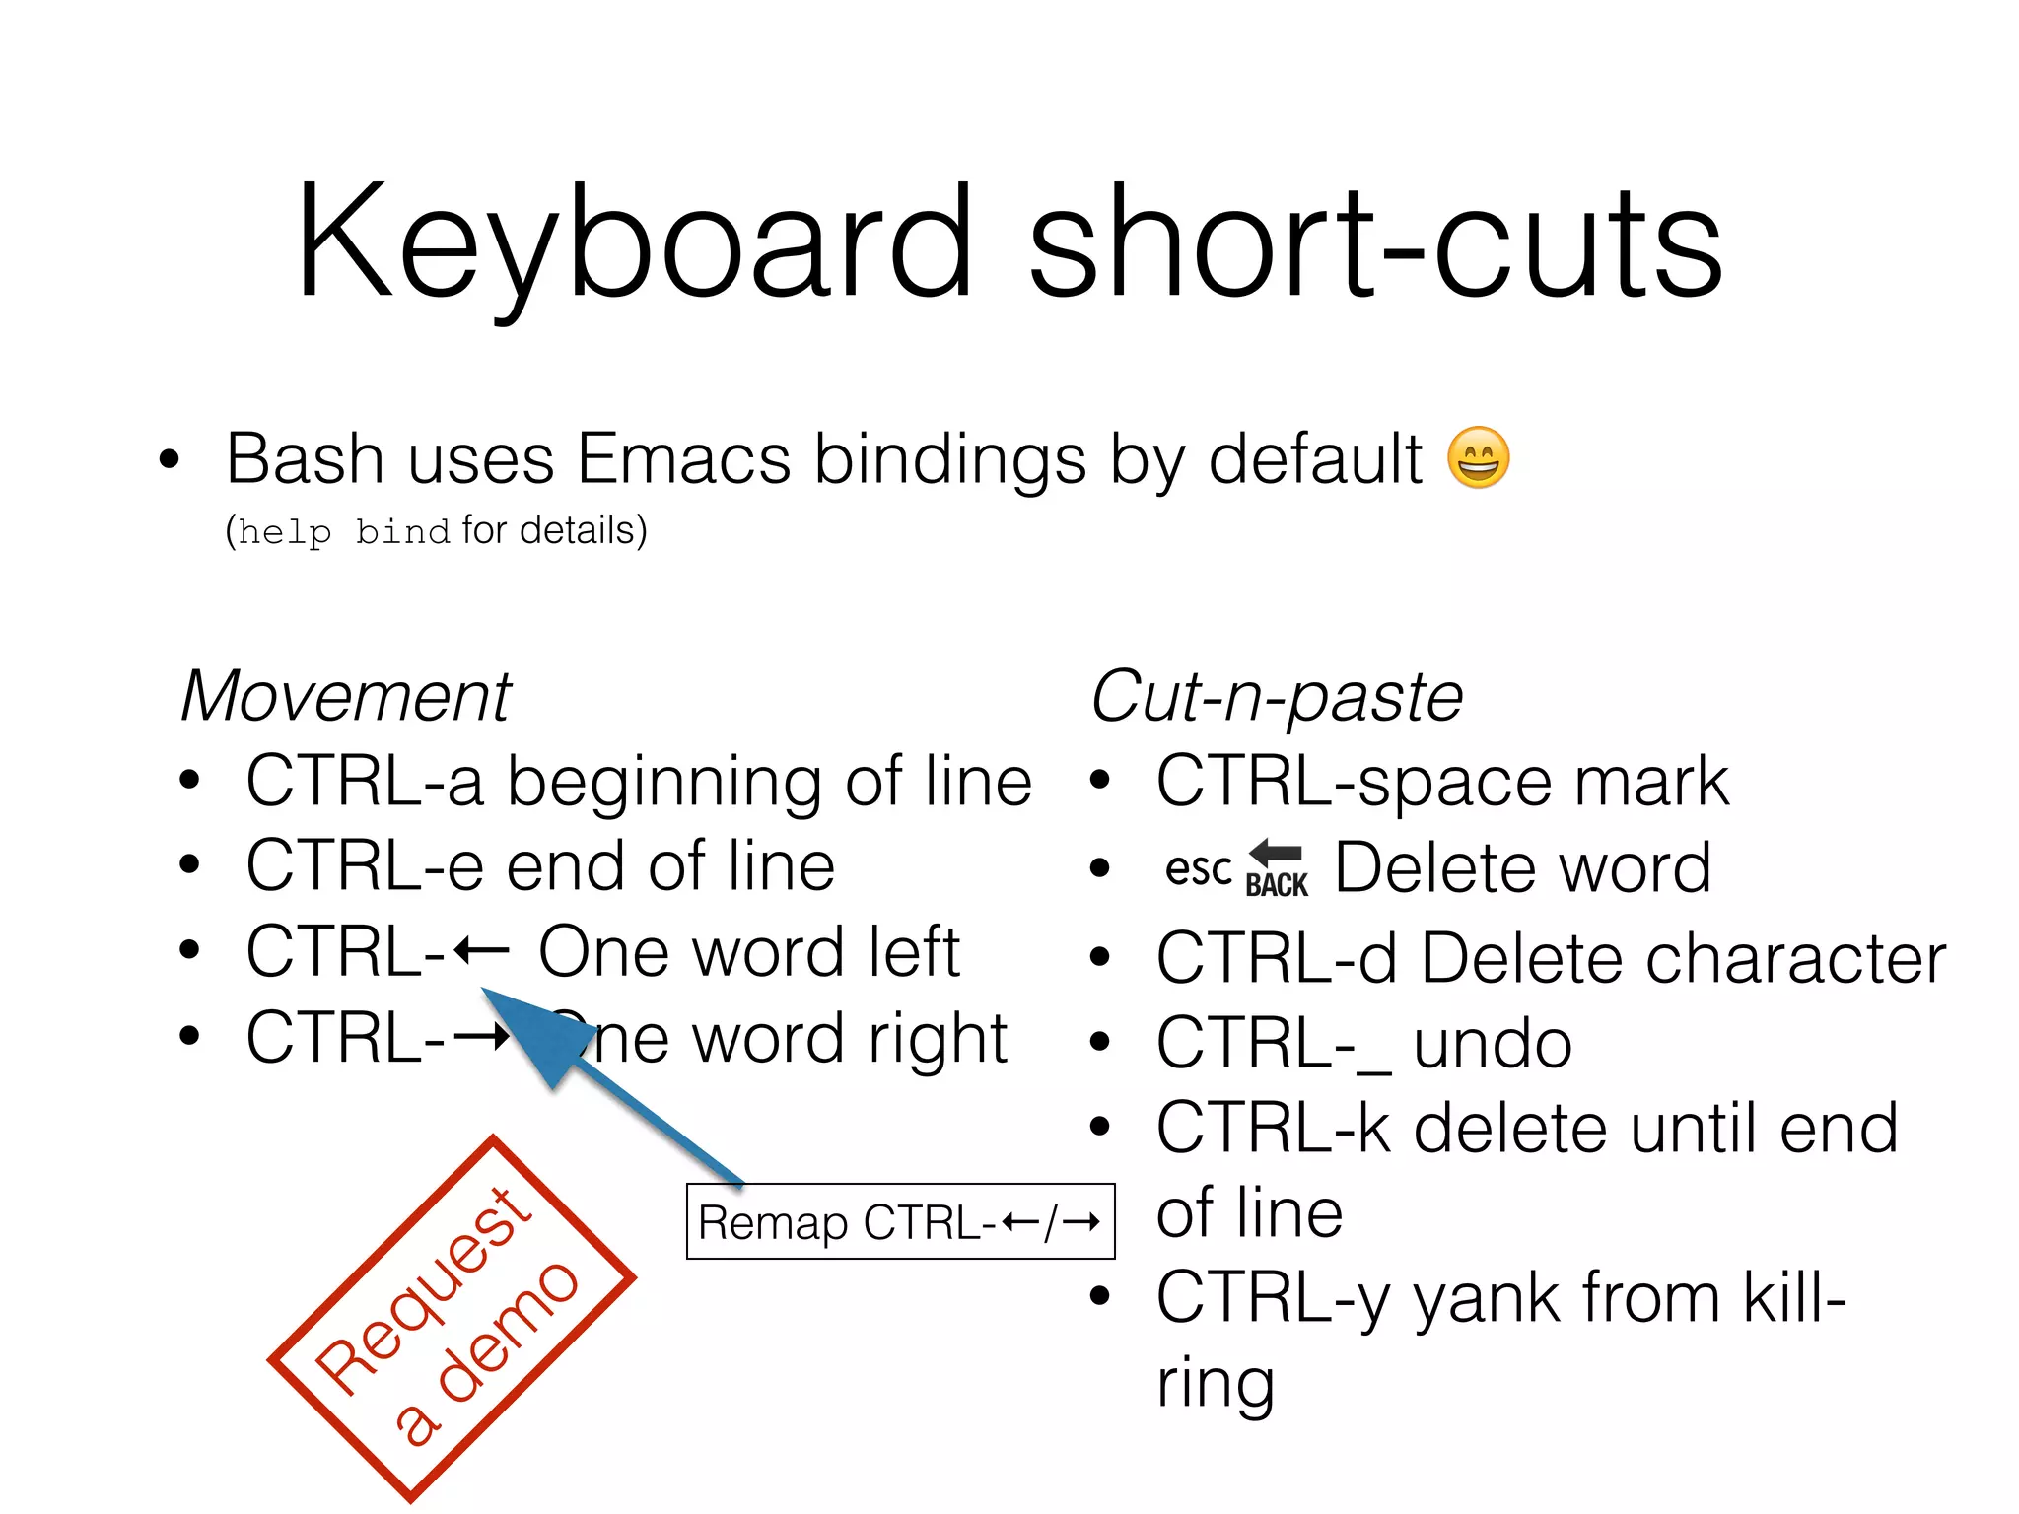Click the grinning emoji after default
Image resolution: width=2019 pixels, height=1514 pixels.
tap(1478, 458)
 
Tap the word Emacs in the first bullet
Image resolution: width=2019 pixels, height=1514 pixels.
tap(683, 459)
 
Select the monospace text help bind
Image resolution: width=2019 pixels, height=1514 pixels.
tap(343, 532)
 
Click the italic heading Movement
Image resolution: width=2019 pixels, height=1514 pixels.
tap(346, 697)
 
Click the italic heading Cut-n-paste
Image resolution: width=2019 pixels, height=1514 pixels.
tap(1277, 697)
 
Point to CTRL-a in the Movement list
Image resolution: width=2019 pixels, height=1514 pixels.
tap(365, 782)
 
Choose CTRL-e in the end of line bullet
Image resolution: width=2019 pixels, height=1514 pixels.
tap(365, 866)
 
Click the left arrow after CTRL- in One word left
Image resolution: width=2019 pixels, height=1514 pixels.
tap(482, 952)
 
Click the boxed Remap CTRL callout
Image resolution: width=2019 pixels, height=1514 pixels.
tap(900, 1222)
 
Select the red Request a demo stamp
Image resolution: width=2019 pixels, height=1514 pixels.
tap(452, 1319)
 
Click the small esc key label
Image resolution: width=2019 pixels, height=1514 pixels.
tap(1198, 869)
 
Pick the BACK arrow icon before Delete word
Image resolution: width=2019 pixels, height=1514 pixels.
tap(1277, 868)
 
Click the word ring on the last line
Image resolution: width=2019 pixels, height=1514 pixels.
tap(1215, 1383)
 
